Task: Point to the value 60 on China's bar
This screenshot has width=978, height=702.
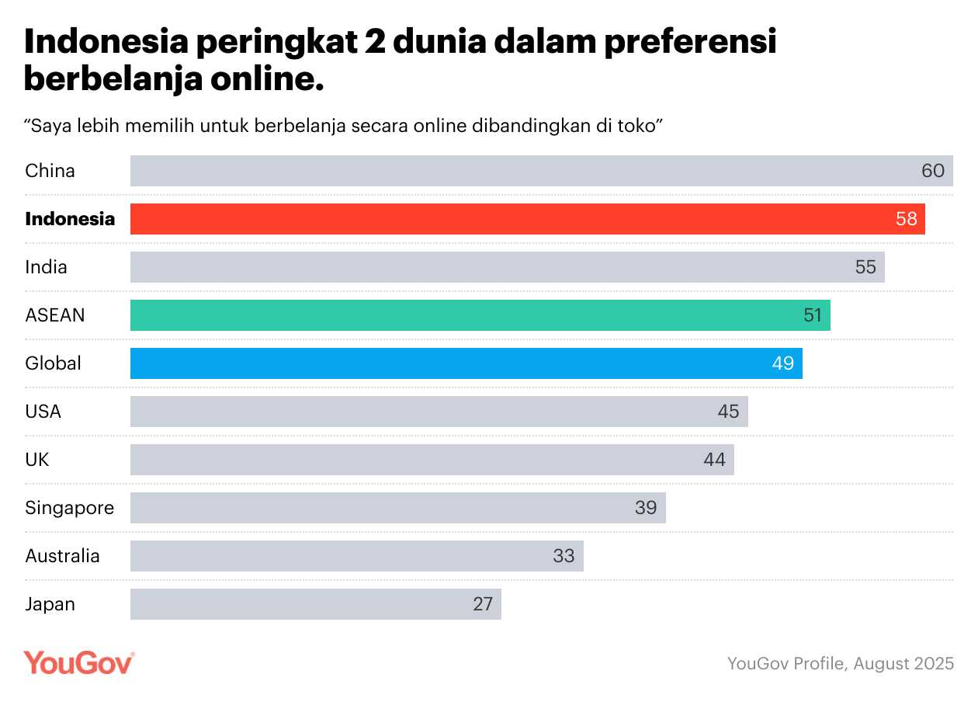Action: [x=932, y=171]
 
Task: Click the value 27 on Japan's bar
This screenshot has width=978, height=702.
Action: [x=483, y=604]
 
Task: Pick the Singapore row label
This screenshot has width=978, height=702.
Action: [x=69, y=508]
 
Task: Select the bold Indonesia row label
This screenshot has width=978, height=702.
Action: [x=70, y=219]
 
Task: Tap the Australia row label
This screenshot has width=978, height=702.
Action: [x=62, y=556]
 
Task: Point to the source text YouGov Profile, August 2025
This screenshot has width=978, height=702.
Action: [x=841, y=664]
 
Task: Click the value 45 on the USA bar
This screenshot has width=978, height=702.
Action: [x=728, y=412]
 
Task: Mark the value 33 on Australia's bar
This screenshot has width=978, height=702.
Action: [x=564, y=556]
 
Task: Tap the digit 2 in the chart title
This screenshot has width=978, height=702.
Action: [x=377, y=43]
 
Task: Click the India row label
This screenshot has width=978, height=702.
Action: [x=46, y=267]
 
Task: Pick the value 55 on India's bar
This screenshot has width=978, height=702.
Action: [x=865, y=267]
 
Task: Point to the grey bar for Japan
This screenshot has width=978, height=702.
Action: [x=310, y=604]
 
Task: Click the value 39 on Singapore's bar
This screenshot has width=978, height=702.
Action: [x=646, y=508]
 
